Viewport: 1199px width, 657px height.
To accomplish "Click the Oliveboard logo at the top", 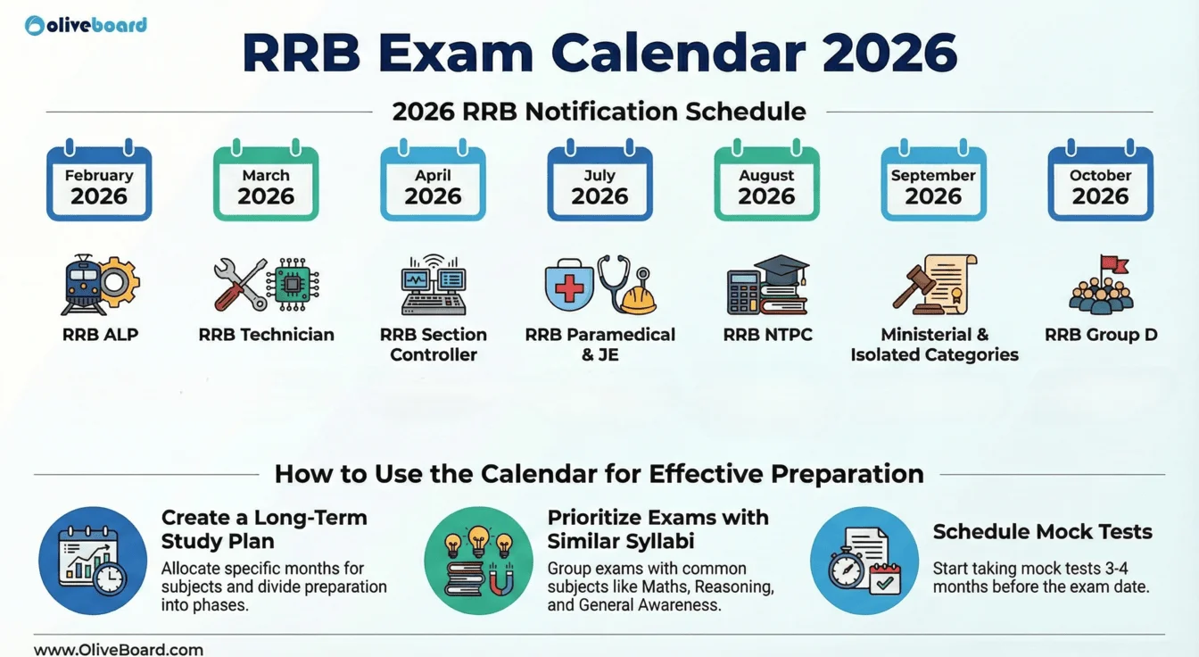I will (x=86, y=25).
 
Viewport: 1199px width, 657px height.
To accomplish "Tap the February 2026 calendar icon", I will (x=99, y=182).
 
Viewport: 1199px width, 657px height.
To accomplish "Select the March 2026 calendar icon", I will (x=266, y=182).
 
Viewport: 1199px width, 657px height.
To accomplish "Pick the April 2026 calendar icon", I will (x=433, y=182).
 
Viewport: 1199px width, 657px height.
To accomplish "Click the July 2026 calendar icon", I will (x=599, y=182).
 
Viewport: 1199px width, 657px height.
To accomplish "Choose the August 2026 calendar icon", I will (x=766, y=182).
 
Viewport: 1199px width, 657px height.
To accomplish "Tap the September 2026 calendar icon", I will (x=933, y=182).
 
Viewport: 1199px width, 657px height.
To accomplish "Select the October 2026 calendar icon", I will (x=1100, y=182).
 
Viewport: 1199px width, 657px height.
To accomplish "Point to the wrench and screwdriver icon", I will (x=240, y=285).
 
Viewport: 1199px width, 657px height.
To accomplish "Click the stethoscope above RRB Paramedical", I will (x=616, y=279).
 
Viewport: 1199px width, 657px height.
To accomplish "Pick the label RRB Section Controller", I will (x=434, y=345).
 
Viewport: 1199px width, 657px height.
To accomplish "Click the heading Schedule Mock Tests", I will (x=1042, y=532).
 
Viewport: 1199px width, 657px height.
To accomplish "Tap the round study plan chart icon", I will (x=93, y=561).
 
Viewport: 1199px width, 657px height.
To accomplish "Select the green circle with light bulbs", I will (x=478, y=561).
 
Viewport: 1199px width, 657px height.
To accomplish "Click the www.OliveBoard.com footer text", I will (x=119, y=649).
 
